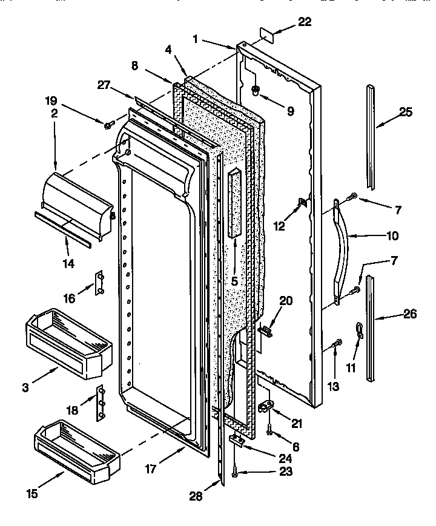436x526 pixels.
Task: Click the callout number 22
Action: pos(305,22)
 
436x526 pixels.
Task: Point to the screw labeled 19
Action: pos(108,125)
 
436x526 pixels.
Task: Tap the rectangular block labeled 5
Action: pos(234,203)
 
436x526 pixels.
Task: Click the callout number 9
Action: pos(289,111)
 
